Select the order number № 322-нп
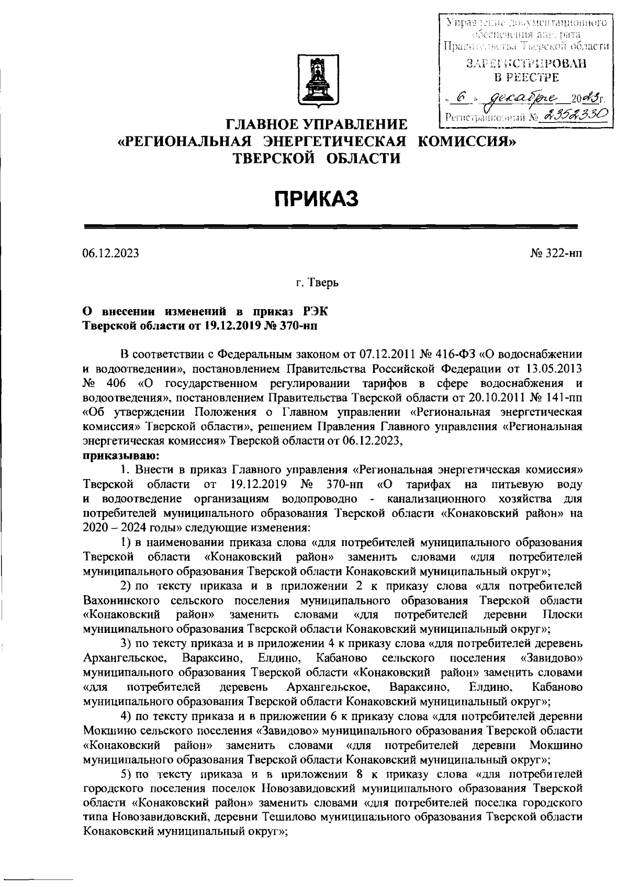point(556,253)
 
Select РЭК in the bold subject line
point(316,312)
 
